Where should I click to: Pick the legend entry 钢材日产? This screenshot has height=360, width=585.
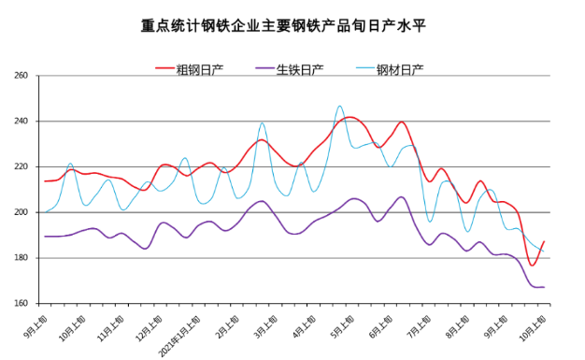(400, 70)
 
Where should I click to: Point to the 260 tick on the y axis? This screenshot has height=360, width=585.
(23, 76)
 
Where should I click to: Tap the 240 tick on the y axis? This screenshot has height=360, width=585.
(23, 122)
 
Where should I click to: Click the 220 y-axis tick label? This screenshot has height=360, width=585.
(23, 167)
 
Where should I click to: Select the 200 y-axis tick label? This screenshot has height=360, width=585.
(23, 212)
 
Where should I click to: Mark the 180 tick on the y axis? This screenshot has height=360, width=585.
(23, 258)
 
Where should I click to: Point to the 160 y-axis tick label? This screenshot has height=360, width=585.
(23, 304)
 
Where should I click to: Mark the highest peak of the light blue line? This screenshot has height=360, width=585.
(340, 107)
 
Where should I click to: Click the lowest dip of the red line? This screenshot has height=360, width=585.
(533, 265)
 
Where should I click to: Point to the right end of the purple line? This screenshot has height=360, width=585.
(543, 287)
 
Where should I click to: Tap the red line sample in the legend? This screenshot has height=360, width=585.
(164, 70)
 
